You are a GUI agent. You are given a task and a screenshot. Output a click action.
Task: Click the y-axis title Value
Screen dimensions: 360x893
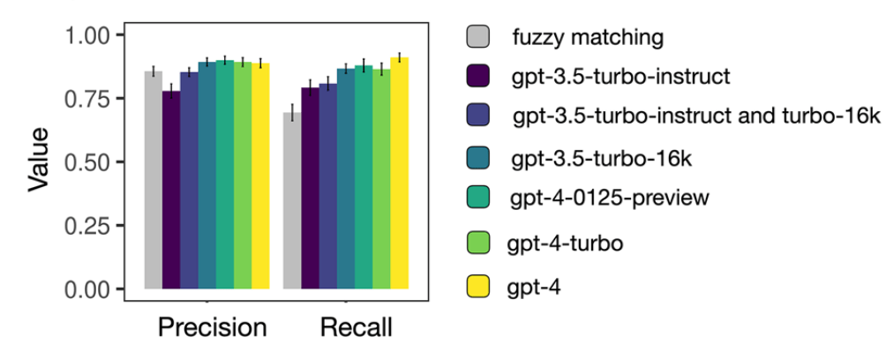(x=37, y=161)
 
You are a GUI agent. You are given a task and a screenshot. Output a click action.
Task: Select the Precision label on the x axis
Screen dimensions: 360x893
(x=212, y=328)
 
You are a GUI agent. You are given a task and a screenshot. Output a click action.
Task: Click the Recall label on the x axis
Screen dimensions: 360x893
(x=356, y=328)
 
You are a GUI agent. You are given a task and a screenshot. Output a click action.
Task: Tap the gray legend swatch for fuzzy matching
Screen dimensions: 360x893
(x=477, y=38)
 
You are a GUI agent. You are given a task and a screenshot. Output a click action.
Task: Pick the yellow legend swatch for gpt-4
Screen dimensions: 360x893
(x=477, y=287)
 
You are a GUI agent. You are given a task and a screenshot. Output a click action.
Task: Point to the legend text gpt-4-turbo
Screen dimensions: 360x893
(x=566, y=243)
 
